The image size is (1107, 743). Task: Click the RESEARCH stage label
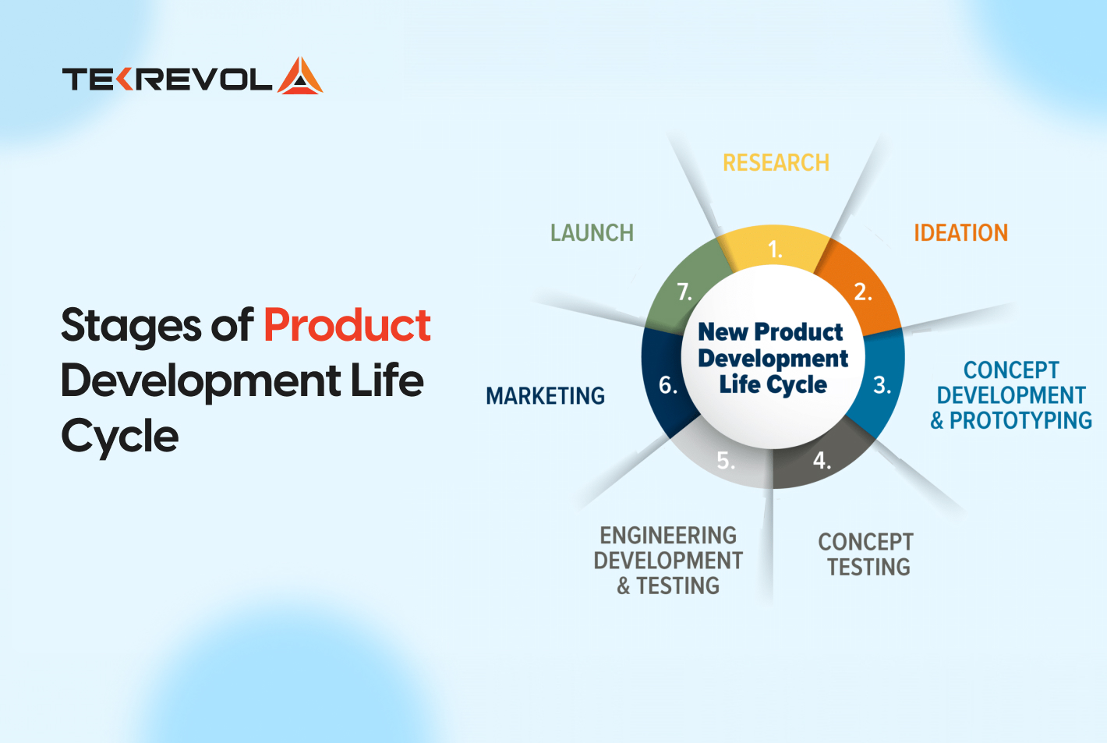click(x=776, y=163)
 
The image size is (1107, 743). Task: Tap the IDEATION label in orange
click(x=960, y=233)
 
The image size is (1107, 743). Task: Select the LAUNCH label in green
click(x=592, y=233)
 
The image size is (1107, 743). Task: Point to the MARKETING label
click(x=545, y=396)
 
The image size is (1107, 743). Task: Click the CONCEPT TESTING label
click(x=866, y=554)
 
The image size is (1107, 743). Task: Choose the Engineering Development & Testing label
click(x=668, y=561)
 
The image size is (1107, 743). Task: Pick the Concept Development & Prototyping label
click(x=1011, y=395)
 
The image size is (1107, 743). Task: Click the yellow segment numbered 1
click(x=774, y=249)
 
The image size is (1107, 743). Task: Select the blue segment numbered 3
click(x=882, y=385)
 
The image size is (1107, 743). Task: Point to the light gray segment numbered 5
click(x=725, y=461)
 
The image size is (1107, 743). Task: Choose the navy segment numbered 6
click(x=667, y=385)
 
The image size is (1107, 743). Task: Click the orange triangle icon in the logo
click(x=300, y=76)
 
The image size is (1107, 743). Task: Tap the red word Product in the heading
click(x=347, y=325)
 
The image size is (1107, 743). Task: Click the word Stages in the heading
click(x=129, y=325)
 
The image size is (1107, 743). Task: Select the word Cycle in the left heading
click(x=120, y=436)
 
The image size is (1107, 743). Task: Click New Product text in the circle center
click(x=770, y=332)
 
